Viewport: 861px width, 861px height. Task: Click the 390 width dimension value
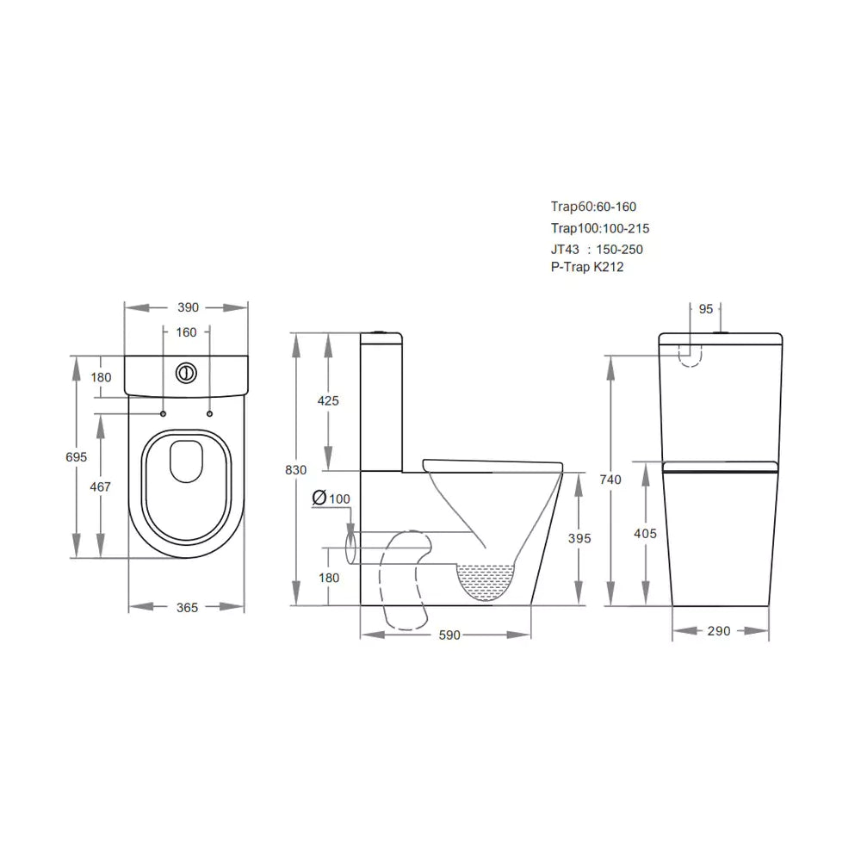point(188,307)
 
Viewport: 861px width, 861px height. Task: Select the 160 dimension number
point(186,332)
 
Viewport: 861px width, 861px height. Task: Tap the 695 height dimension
point(77,457)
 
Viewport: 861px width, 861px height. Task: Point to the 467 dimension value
point(101,486)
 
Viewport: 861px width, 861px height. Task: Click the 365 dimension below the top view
point(187,607)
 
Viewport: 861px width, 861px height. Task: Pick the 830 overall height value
point(296,469)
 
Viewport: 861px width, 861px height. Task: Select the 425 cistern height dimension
point(328,400)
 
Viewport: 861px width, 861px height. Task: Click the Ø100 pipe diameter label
point(331,499)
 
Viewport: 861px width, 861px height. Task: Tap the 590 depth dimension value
point(449,635)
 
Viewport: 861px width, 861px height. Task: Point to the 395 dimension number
point(581,538)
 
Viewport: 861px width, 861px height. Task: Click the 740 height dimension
point(610,480)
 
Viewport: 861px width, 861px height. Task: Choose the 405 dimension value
point(645,534)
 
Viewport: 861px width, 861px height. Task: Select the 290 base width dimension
point(719,631)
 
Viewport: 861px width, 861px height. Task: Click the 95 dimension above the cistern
point(705,308)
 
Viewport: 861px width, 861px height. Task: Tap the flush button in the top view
point(186,373)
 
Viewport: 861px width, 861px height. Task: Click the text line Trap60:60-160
point(594,207)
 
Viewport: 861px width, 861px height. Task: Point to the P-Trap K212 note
point(588,267)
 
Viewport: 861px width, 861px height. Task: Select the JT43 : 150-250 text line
point(597,249)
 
